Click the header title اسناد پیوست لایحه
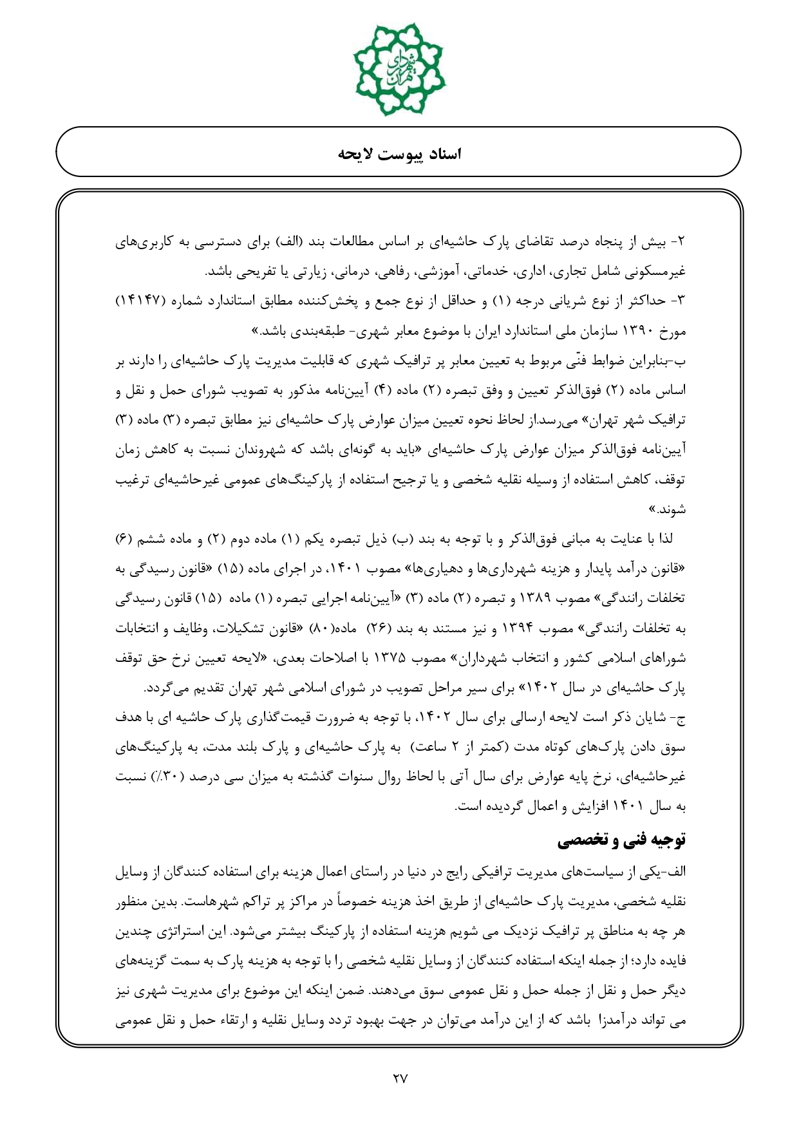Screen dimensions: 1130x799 click(399, 154)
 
